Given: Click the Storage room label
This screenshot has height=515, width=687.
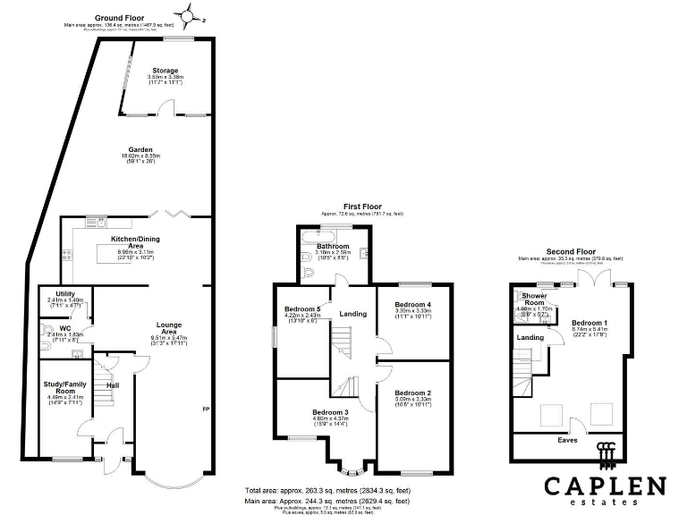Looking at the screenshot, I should click(165, 71).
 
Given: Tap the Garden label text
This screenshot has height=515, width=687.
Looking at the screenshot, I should click(140, 150).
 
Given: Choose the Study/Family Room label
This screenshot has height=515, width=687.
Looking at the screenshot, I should click(64, 388).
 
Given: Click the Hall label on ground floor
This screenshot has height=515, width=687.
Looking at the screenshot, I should click(113, 385).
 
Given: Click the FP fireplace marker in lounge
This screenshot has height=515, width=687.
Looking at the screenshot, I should click(206, 409).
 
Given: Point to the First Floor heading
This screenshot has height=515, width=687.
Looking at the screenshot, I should click(361, 207).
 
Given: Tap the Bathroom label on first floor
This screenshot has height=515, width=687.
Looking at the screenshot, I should click(333, 246).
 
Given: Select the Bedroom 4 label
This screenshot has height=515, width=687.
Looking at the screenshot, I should click(412, 305).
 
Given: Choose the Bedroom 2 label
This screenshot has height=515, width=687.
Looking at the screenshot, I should click(412, 393).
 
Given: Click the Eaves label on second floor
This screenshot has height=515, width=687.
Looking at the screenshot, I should click(568, 441).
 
